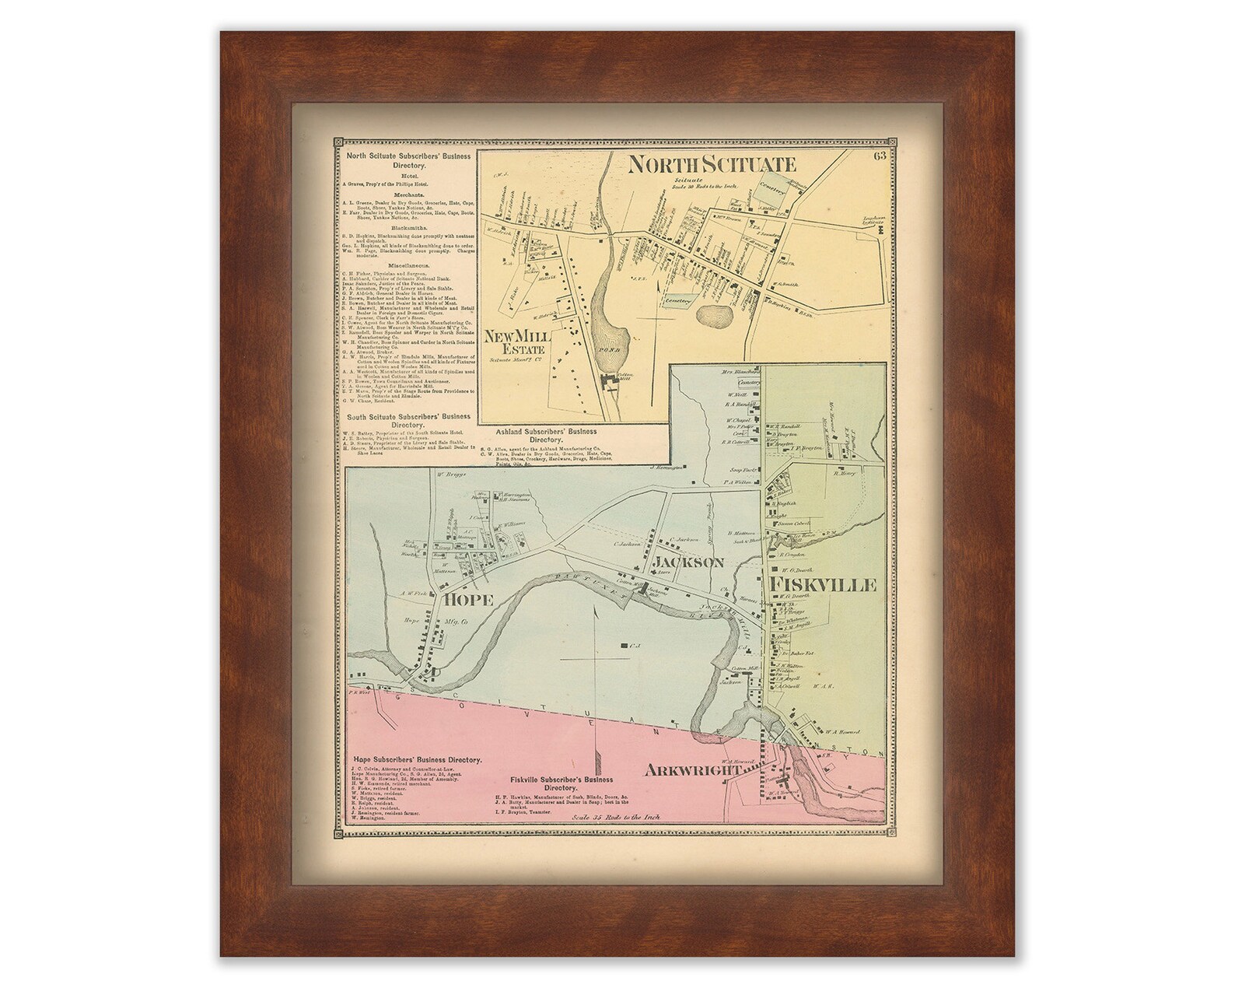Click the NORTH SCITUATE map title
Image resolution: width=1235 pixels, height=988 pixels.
coord(712,164)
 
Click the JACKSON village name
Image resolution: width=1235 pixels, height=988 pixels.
coord(689,562)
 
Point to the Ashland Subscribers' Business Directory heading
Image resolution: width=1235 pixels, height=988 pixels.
coord(545,434)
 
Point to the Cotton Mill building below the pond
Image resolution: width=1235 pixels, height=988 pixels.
coord(607,384)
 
